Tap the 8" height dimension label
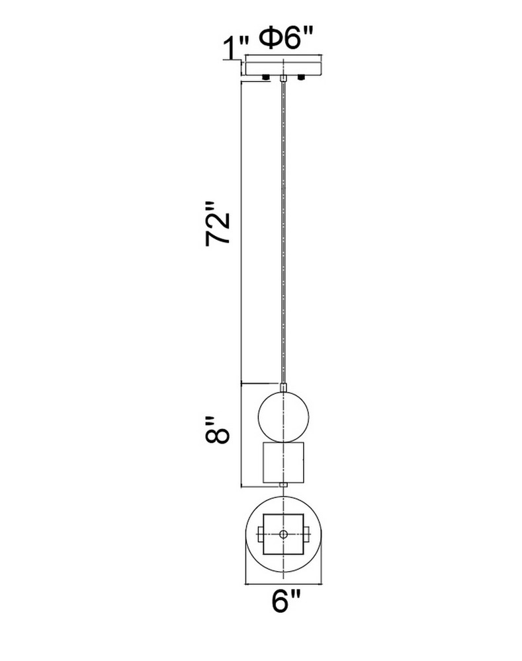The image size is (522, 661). [218, 430]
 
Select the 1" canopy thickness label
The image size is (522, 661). [234, 48]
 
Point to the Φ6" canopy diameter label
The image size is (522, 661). [286, 39]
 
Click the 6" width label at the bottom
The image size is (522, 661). [286, 601]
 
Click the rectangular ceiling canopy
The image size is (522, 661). [284, 68]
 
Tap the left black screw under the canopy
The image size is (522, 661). [266, 77]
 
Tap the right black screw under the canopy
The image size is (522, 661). [301, 77]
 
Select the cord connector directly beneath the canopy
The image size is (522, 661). [283, 79]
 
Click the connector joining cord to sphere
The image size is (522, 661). [283, 387]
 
